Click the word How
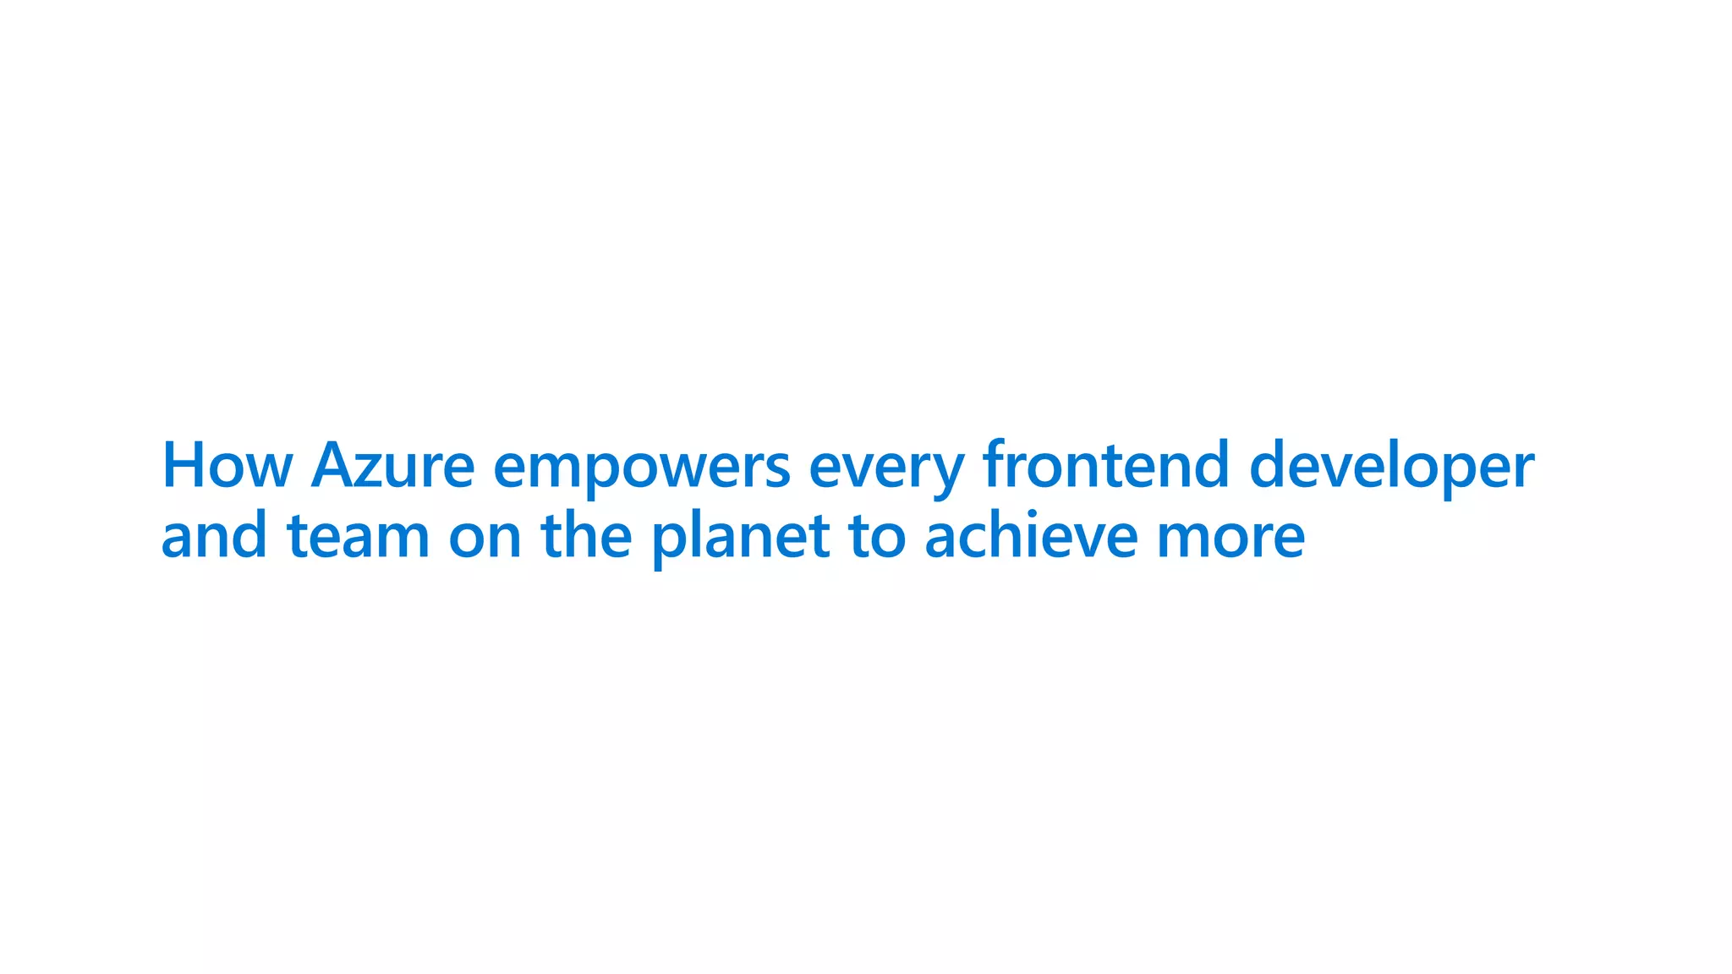(x=227, y=465)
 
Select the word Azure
(x=392, y=465)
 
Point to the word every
(x=885, y=469)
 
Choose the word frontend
(x=1105, y=465)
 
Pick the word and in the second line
(x=214, y=536)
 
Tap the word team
(x=359, y=536)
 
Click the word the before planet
(x=586, y=536)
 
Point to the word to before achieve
(x=877, y=536)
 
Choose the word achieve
(x=1031, y=536)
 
